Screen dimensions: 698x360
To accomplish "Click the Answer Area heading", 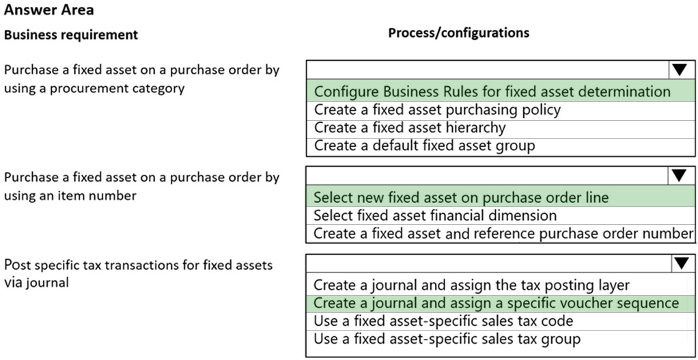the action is [49, 10].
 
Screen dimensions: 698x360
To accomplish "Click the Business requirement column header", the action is [71, 35].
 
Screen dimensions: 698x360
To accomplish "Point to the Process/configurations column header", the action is [459, 33].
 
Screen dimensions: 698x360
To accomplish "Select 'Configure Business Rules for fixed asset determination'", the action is [492, 92].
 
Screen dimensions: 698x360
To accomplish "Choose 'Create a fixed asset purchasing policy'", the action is [437, 109].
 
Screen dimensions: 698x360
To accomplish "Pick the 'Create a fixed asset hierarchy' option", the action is [410, 128].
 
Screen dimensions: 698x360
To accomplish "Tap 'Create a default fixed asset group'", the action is [424, 146].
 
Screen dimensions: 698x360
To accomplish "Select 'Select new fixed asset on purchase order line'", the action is [461, 197].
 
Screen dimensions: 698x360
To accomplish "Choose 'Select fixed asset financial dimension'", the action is [435, 215].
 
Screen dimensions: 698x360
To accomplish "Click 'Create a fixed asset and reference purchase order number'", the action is [503, 233].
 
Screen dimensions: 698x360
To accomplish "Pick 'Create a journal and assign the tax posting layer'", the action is [472, 285].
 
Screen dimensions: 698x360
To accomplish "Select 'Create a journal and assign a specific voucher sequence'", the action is [497, 303].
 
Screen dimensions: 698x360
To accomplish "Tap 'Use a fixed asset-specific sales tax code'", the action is [443, 321].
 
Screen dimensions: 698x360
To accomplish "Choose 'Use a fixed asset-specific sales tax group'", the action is [447, 339].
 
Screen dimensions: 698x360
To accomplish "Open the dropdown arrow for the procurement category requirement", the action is [680, 70].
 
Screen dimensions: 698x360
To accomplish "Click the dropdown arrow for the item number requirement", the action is [680, 176].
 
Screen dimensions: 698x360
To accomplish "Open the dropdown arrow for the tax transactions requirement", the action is [681, 264].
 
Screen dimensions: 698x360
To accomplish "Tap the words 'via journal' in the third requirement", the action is [36, 283].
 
